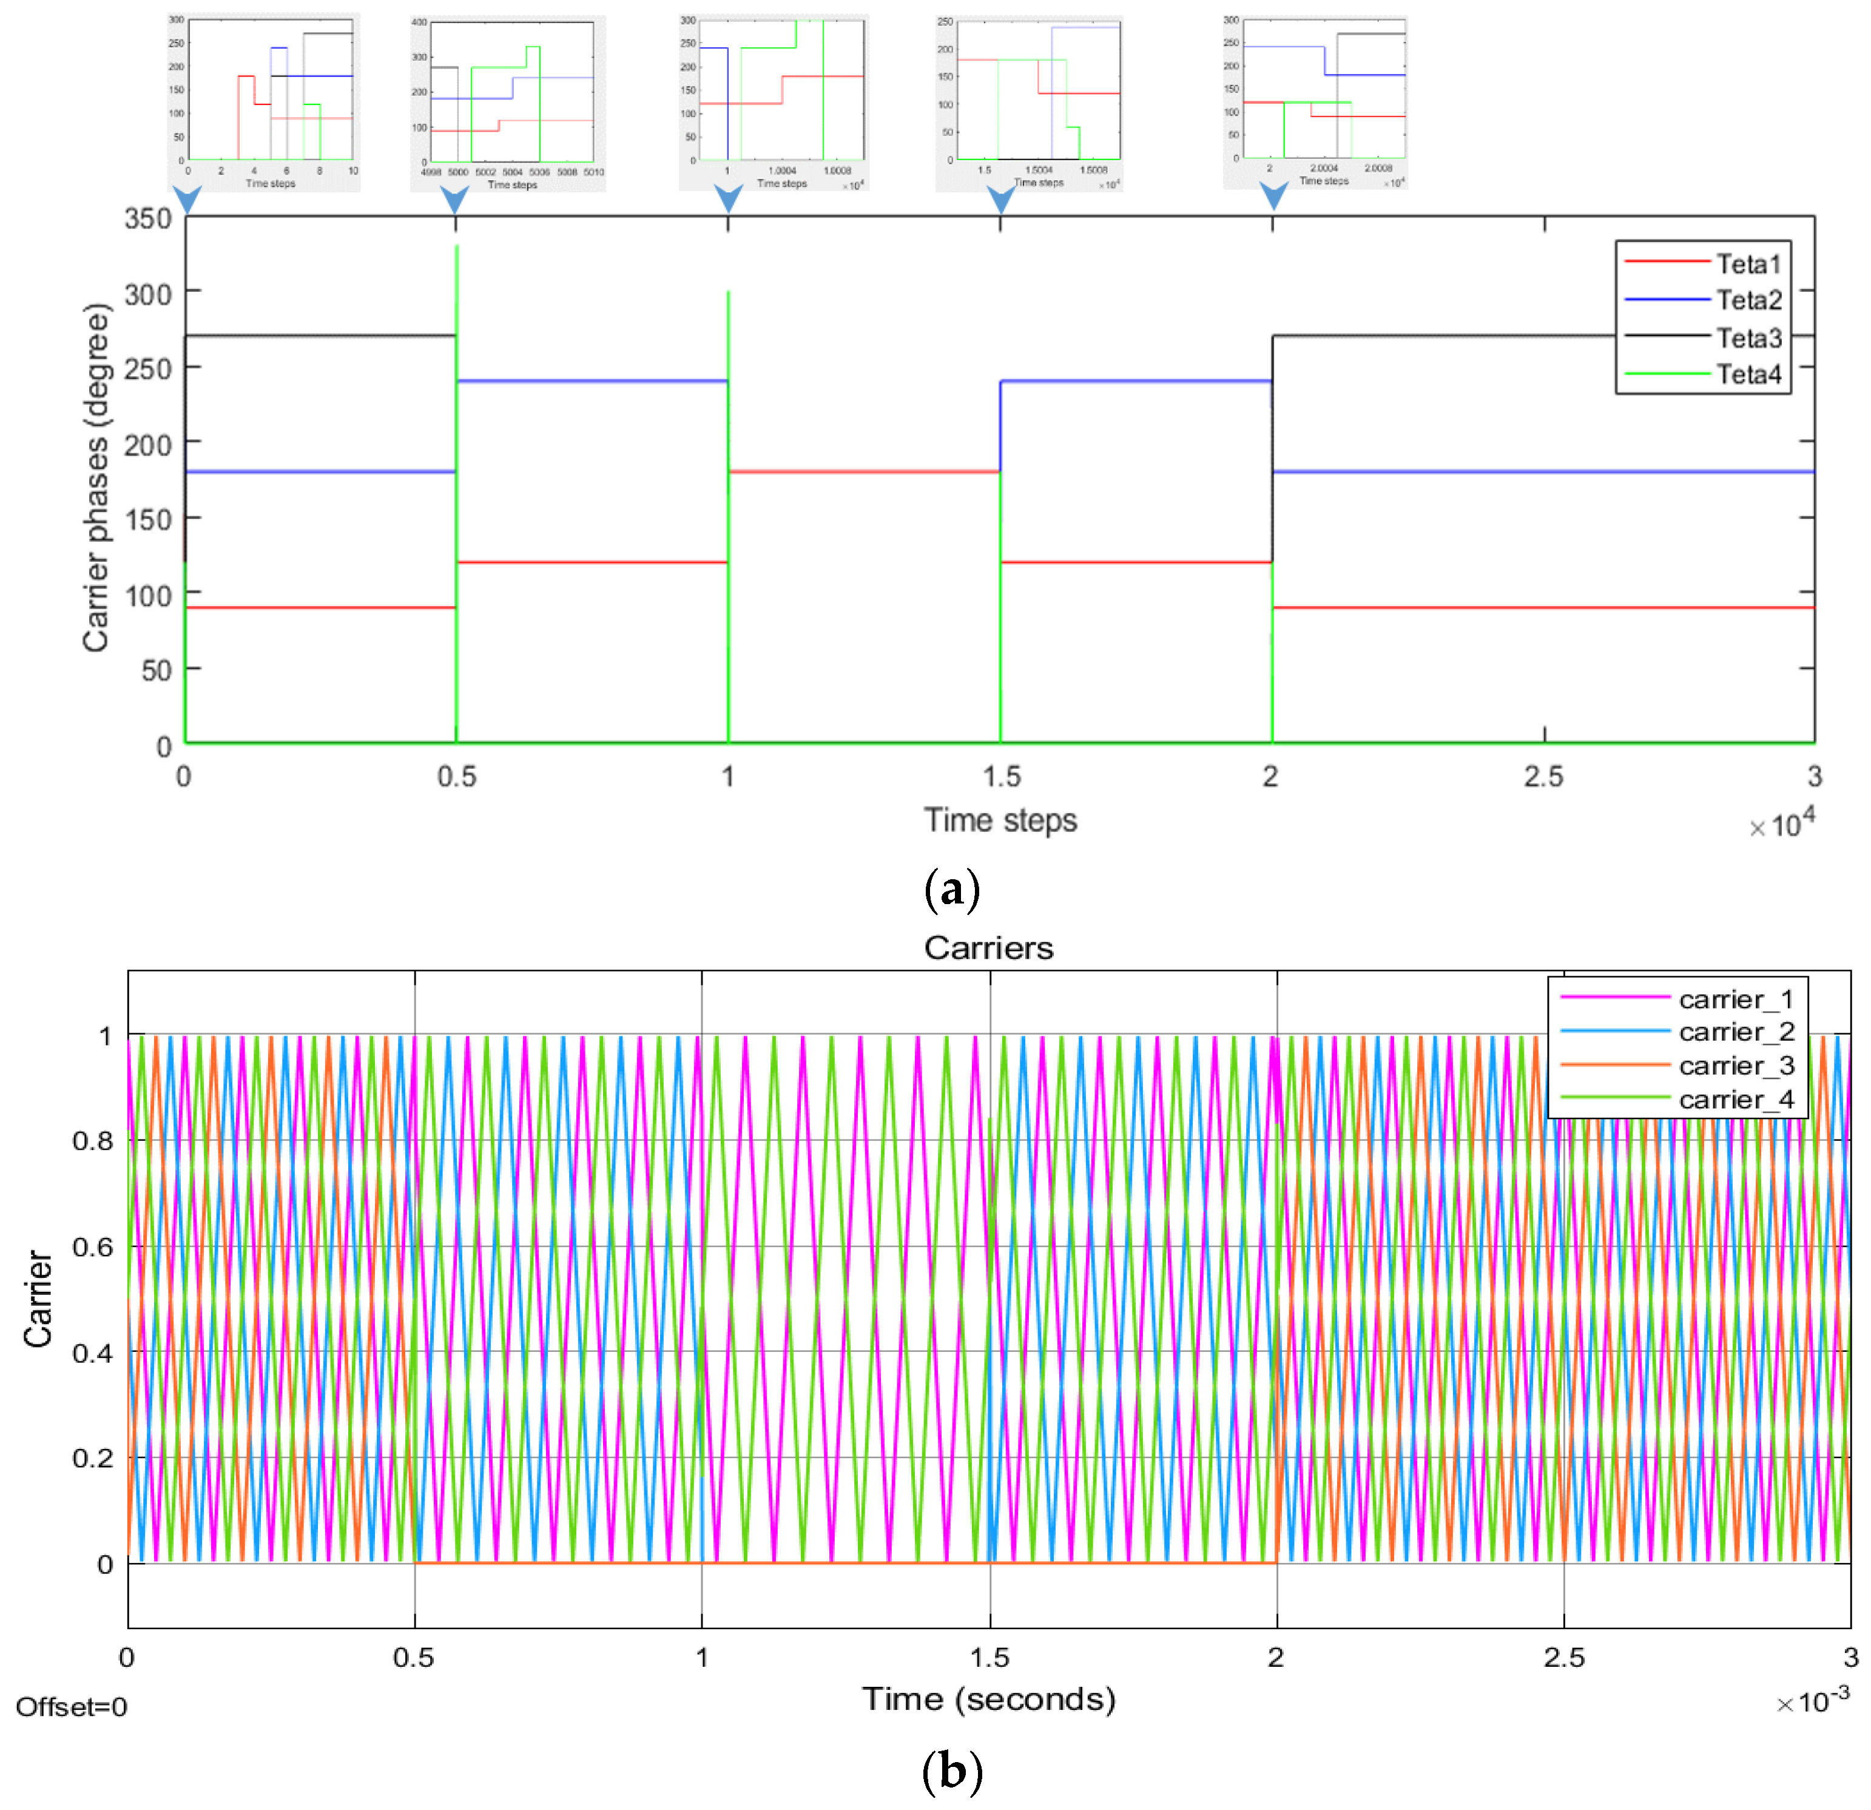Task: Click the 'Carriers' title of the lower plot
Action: (988, 948)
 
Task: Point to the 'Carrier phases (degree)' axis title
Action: (95, 478)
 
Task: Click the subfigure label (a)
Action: (952, 890)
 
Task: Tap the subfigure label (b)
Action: (952, 1772)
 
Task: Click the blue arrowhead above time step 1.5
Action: (1000, 198)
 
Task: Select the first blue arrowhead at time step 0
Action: (187, 198)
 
